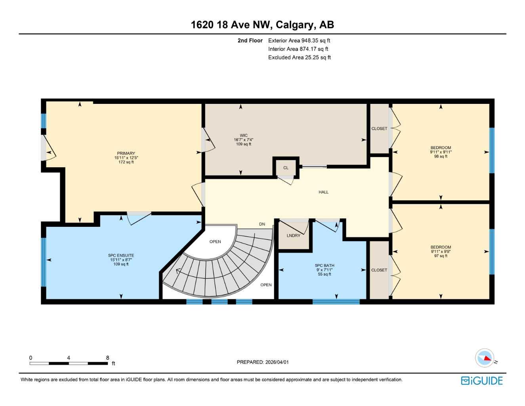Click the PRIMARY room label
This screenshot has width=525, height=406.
[126, 153]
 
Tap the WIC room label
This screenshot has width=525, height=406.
[243, 136]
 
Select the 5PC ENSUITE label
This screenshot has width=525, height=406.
[121, 256]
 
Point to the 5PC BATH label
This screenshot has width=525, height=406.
[325, 266]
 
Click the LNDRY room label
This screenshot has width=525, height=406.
[293, 236]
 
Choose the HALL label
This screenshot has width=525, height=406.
[323, 192]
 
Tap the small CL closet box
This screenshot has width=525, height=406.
[286, 168]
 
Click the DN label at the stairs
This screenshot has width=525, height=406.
[262, 224]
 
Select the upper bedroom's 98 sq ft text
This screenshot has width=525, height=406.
[441, 157]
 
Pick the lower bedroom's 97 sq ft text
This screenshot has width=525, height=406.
[441, 256]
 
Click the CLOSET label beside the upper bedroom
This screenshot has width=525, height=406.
[379, 129]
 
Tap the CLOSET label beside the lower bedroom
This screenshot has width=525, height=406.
[379, 270]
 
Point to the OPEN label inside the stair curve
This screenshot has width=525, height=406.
[215, 242]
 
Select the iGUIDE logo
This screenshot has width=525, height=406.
[482, 381]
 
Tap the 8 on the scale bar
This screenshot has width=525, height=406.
[107, 358]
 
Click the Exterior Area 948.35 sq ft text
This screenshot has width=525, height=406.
[299, 40]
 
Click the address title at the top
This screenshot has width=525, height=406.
[262, 25]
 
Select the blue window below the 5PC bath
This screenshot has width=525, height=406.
[336, 302]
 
